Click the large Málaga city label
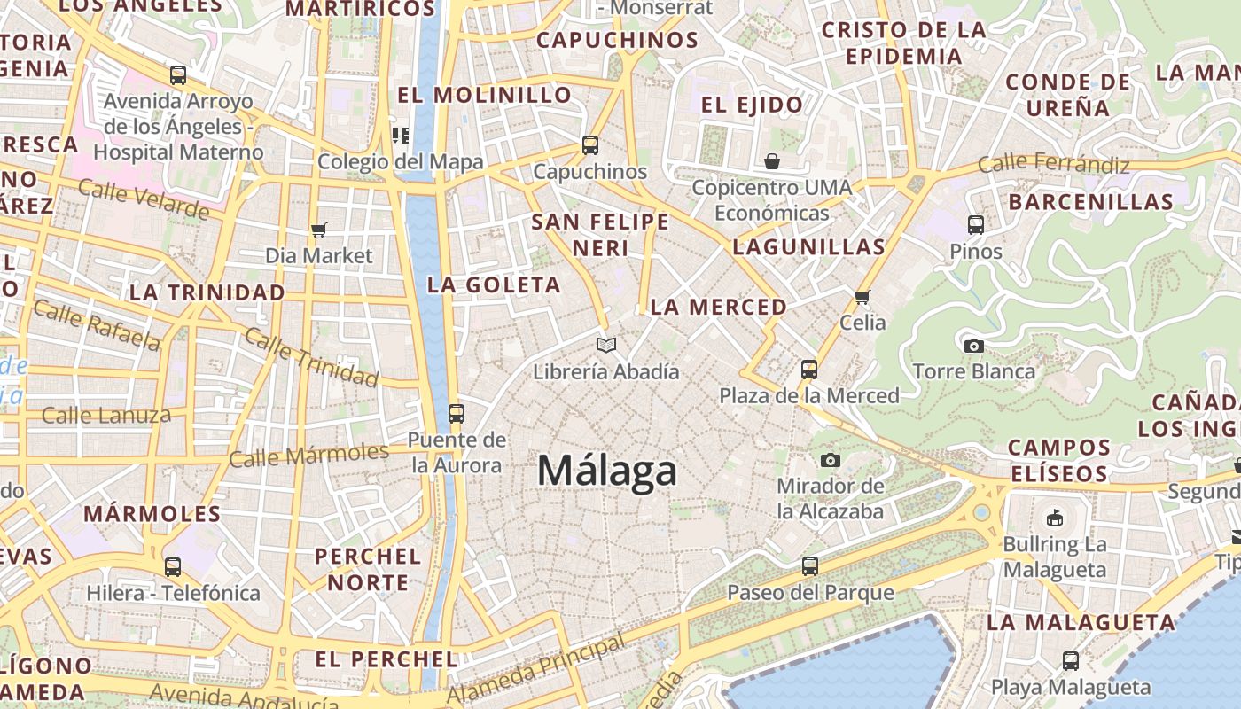pyautogui.click(x=607, y=471)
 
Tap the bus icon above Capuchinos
pyautogui.click(x=590, y=145)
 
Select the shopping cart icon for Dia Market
pyautogui.click(x=319, y=230)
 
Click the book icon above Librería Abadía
pyautogui.click(x=606, y=345)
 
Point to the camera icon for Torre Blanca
pyautogui.click(x=973, y=346)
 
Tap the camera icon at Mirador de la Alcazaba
pyautogui.click(x=831, y=460)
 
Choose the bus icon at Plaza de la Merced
pyautogui.click(x=809, y=369)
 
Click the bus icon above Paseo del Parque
pyautogui.click(x=810, y=566)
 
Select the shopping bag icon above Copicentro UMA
pyautogui.click(x=772, y=161)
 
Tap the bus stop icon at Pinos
pyautogui.click(x=976, y=225)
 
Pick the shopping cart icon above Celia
pyautogui.click(x=862, y=297)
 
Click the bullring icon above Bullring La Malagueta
pyautogui.click(x=1055, y=518)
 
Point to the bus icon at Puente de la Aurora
pyautogui.click(x=457, y=413)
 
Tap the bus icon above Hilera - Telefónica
pyautogui.click(x=173, y=566)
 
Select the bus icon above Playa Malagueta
pyautogui.click(x=1071, y=660)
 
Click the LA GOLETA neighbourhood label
pyautogui.click(x=494, y=285)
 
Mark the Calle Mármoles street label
pyautogui.click(x=308, y=456)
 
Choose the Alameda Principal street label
pyautogui.click(x=535, y=669)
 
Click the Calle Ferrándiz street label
pyautogui.click(x=1053, y=164)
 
